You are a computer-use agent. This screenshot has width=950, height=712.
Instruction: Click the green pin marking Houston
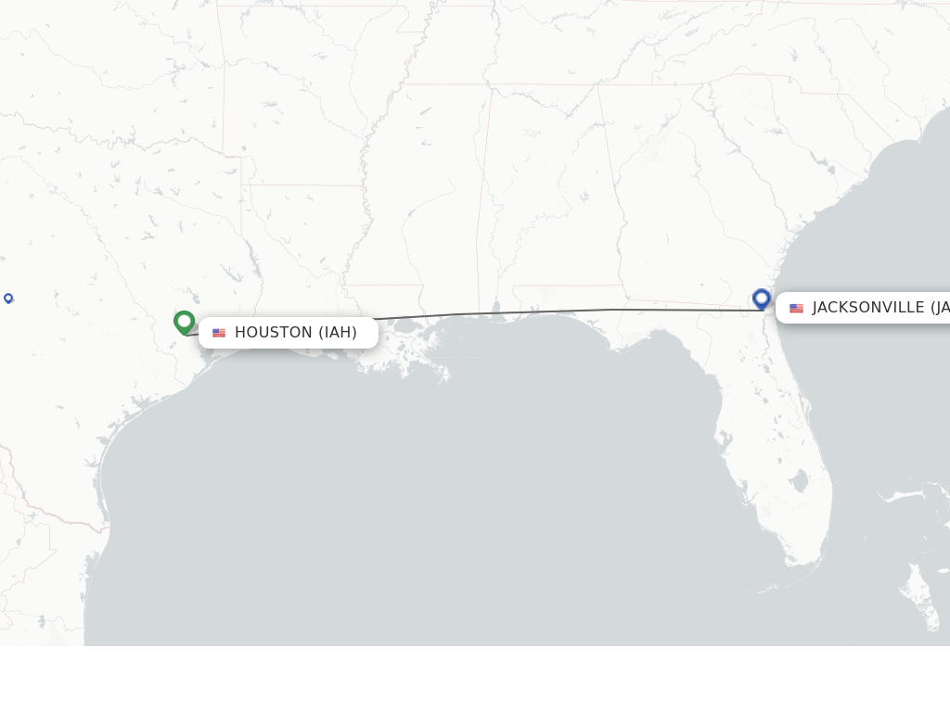tap(184, 322)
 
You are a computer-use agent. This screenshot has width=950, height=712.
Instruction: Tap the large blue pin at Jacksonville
tap(762, 299)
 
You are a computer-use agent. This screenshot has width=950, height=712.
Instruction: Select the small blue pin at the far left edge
tap(8, 298)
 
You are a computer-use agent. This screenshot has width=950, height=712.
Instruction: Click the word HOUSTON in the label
tap(273, 333)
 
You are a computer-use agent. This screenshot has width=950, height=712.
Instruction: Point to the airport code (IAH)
tap(338, 333)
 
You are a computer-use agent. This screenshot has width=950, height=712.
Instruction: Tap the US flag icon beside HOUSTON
tap(219, 333)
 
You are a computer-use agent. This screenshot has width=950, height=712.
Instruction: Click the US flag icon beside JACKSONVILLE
tap(796, 308)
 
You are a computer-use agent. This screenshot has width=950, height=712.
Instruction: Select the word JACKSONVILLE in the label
tap(868, 308)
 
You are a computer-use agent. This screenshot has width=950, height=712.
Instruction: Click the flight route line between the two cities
tap(557, 311)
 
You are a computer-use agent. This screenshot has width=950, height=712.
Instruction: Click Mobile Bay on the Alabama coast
tap(498, 311)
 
